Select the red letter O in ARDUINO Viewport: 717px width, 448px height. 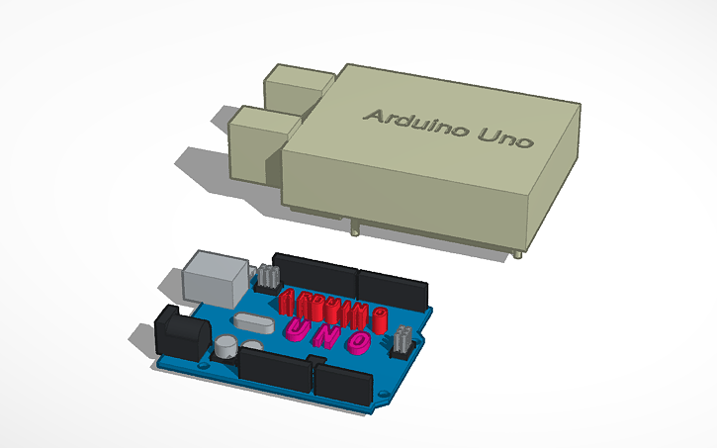point(378,319)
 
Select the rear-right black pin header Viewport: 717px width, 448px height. point(393,290)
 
